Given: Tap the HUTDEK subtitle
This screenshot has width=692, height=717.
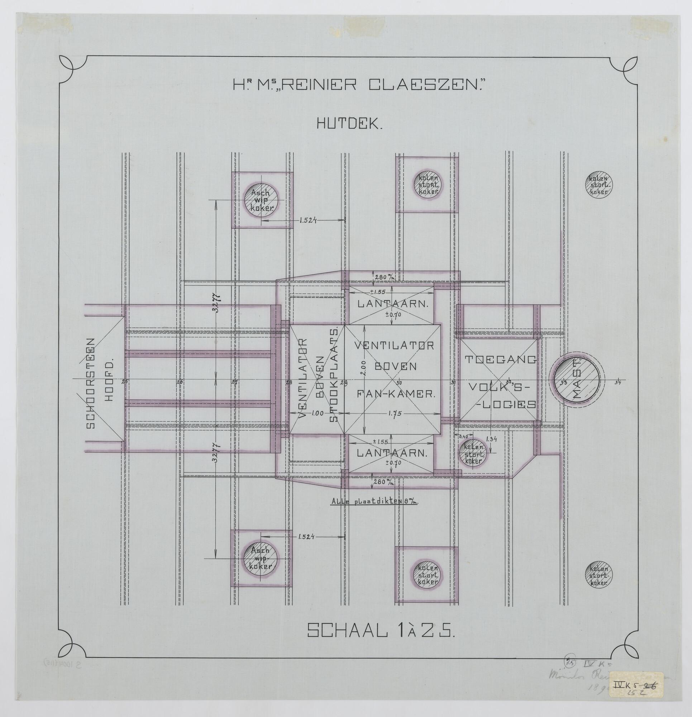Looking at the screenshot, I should point(349,125).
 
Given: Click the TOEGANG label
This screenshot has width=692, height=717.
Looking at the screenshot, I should point(500,360).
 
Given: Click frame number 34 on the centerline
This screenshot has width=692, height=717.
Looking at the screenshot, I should point(618,383).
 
